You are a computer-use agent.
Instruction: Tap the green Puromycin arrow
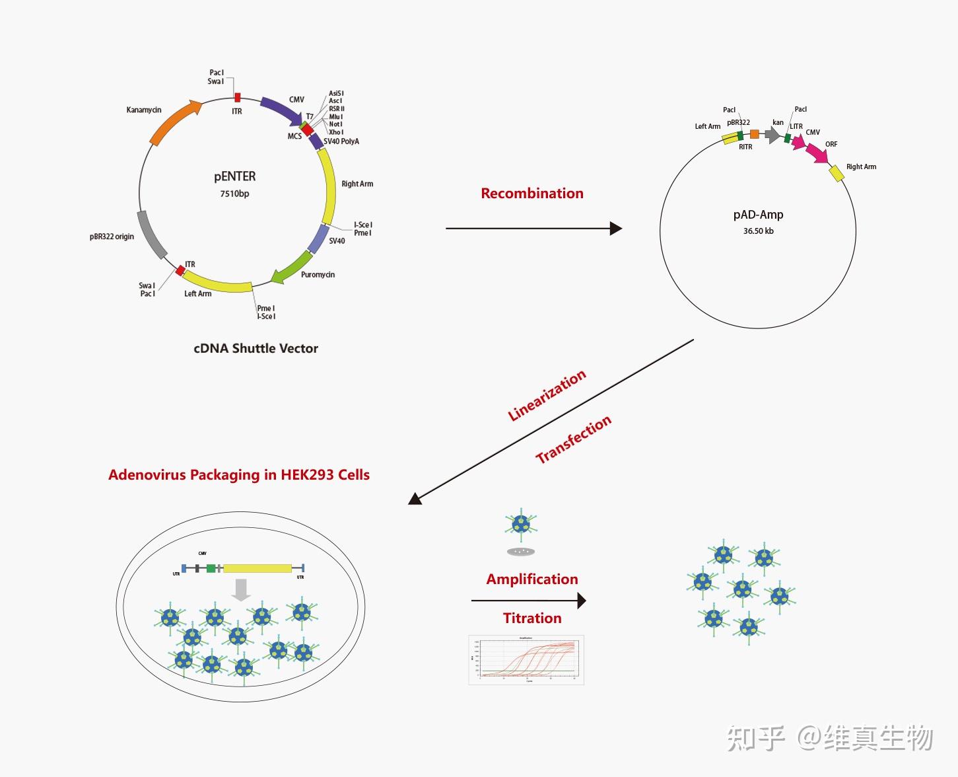pyautogui.click(x=291, y=267)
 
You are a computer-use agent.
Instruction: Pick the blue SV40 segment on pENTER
pyautogui.click(x=318, y=239)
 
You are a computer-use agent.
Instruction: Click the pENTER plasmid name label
pyautogui.click(x=234, y=176)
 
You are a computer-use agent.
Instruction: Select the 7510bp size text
pyautogui.click(x=234, y=194)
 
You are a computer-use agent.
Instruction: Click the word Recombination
pyautogui.click(x=532, y=194)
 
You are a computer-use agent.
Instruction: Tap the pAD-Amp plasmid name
pyautogui.click(x=758, y=215)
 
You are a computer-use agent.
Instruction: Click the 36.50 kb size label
pyautogui.click(x=758, y=231)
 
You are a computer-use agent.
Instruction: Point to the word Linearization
pyautogui.click(x=547, y=395)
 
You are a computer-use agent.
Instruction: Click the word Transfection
pyautogui.click(x=573, y=439)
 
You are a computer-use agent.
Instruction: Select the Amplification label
pyautogui.click(x=532, y=579)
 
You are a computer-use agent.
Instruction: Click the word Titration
pyautogui.click(x=532, y=618)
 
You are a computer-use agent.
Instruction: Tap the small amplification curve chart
pyautogui.click(x=526, y=659)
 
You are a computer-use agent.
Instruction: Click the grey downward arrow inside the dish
pyautogui.click(x=242, y=589)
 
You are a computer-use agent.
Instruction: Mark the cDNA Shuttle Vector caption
pyautogui.click(x=256, y=348)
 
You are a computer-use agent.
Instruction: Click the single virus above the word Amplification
pyautogui.click(x=521, y=525)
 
